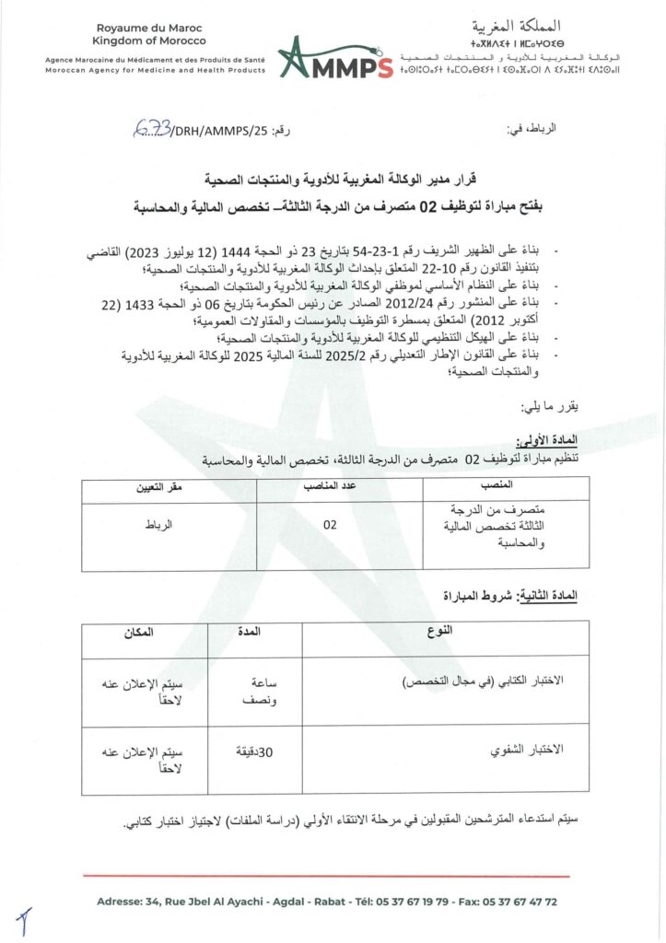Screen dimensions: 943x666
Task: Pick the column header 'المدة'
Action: click(253, 633)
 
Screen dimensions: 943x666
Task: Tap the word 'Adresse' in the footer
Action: click(118, 902)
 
